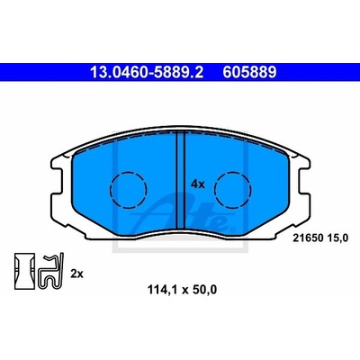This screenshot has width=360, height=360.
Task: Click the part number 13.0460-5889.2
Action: point(147,72)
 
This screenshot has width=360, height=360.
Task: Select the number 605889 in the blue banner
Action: point(249,72)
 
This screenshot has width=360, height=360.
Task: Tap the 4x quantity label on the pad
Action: point(198,184)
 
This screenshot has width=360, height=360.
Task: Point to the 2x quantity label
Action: point(76,274)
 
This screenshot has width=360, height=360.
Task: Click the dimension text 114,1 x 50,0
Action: point(182,290)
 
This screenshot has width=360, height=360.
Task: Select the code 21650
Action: point(308,238)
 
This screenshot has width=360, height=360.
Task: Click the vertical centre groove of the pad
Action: point(181,181)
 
